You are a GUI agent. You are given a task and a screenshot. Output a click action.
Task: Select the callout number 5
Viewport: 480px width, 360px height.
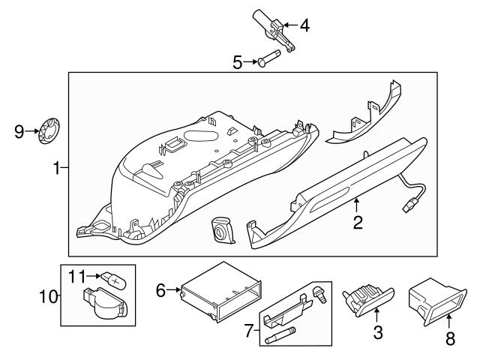point(237,62)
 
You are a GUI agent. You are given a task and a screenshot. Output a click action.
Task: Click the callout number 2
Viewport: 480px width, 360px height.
point(358,221)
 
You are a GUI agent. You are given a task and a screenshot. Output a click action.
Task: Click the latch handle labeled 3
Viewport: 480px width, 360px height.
point(366,298)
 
